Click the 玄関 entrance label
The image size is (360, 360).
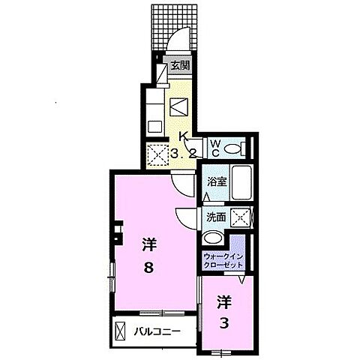[x=180, y=65]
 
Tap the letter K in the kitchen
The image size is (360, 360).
[x=184, y=136]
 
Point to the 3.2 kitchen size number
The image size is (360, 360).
[x=183, y=154]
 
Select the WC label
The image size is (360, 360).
[x=215, y=148]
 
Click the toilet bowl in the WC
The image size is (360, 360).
[x=232, y=149]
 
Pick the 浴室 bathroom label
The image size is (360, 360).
[x=217, y=181]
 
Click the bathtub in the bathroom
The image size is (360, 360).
[x=241, y=182]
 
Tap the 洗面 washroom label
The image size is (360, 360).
[x=216, y=217]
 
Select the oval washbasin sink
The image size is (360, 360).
[x=213, y=237]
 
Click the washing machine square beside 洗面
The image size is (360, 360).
[x=240, y=218]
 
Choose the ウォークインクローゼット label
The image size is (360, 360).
[x=223, y=261]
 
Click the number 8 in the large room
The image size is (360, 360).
[x=148, y=268]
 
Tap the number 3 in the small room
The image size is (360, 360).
[x=224, y=323]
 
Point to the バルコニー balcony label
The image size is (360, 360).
[x=157, y=332]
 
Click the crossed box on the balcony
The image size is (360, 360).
[x=120, y=331]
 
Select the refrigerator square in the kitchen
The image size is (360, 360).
[x=178, y=107]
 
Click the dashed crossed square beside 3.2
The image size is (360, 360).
[x=157, y=155]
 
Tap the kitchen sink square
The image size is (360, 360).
[x=155, y=127]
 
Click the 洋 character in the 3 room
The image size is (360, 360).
[x=224, y=301]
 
